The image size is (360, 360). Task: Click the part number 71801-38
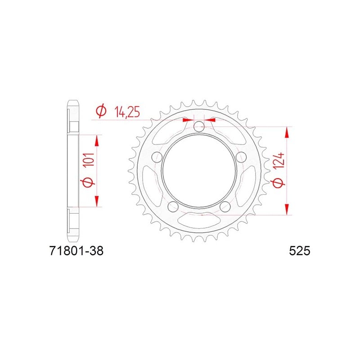[76, 251]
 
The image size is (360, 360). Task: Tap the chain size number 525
[299, 251]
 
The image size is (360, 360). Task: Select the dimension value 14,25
[127, 112]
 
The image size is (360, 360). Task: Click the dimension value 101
[89, 159]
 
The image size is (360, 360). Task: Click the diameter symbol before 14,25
[101, 111]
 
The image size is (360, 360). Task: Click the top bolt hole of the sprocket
[199, 126]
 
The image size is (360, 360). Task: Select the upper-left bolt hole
[157, 157]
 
